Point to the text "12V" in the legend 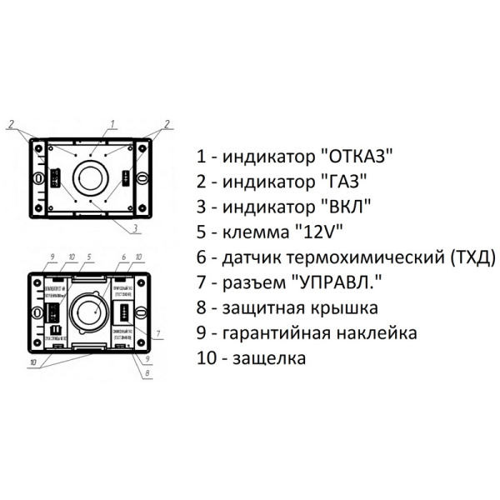[x=320, y=229]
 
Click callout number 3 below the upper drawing [x=135, y=227]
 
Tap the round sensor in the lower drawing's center [x=87, y=312]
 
